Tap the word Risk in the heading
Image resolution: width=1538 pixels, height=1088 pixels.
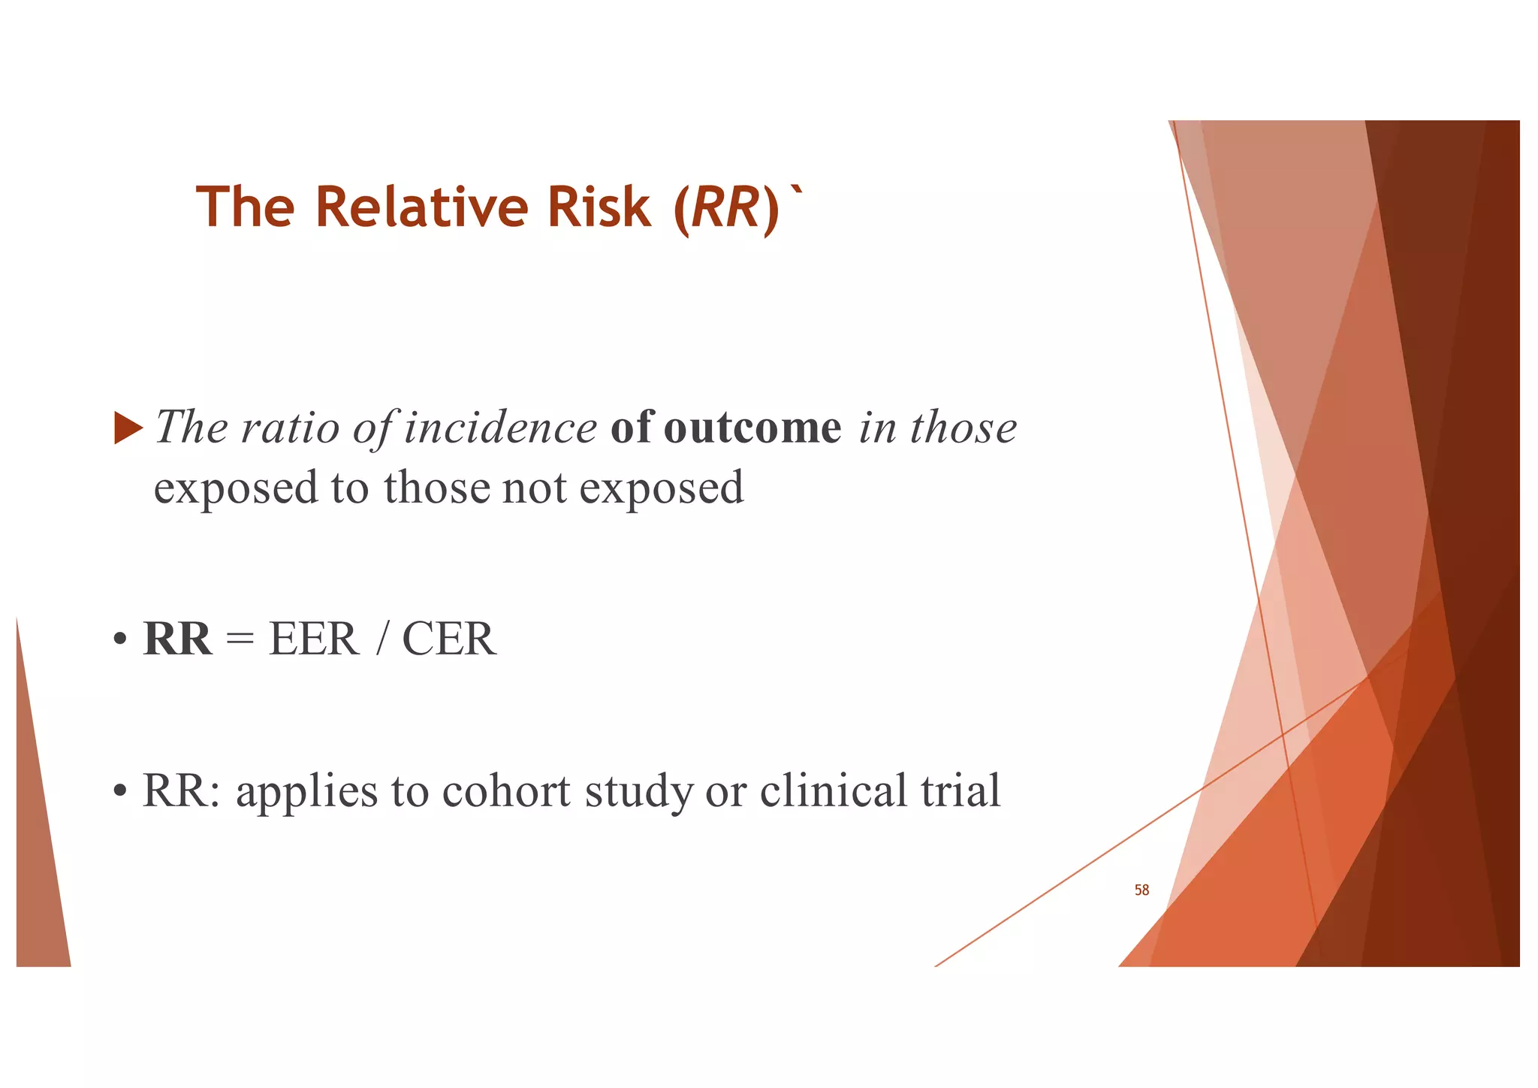pyautogui.click(x=599, y=207)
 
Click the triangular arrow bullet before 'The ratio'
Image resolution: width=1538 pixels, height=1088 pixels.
pyautogui.click(x=128, y=428)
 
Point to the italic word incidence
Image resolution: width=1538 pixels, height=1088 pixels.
pyautogui.click(x=501, y=428)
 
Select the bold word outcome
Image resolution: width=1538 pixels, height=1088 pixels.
pyautogui.click(x=752, y=428)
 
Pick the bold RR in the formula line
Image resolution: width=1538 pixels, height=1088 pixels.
pyautogui.click(x=177, y=639)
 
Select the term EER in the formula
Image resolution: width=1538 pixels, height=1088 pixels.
pyautogui.click(x=314, y=639)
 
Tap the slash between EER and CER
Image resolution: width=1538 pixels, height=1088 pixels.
pyautogui.click(x=383, y=639)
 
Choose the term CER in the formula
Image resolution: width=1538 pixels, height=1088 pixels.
pyautogui.click(x=449, y=639)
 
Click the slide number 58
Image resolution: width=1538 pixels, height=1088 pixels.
pyautogui.click(x=1141, y=890)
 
